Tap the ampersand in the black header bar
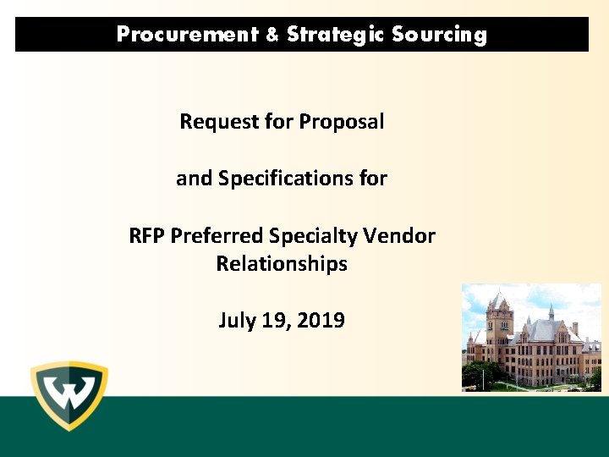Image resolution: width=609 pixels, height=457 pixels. (x=272, y=35)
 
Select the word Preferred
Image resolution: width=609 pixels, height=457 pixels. (x=216, y=235)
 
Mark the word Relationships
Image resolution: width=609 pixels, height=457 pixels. (x=282, y=264)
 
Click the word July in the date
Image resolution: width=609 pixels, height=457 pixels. (x=237, y=321)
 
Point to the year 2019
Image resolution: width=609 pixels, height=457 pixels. (x=321, y=321)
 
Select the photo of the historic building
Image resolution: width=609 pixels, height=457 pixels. (x=531, y=338)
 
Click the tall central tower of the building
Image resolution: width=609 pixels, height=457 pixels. (x=499, y=330)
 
